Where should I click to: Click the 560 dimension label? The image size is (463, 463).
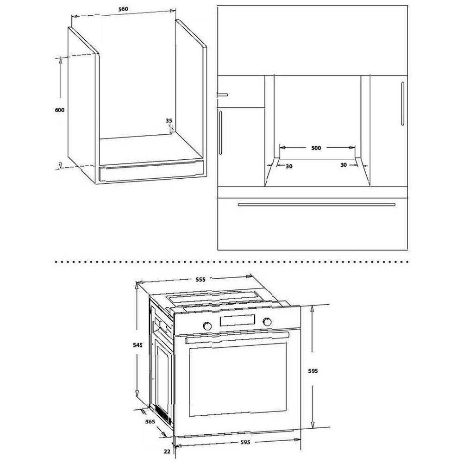tap(123, 9)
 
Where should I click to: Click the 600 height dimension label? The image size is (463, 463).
tap(59, 110)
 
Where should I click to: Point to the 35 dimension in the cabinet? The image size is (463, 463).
tap(169, 120)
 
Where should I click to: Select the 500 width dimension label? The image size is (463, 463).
tap(316, 148)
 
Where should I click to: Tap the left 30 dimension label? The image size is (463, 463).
tap(289, 166)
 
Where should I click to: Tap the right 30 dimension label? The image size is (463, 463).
tap(344, 165)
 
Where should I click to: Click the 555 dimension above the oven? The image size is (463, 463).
tap(200, 279)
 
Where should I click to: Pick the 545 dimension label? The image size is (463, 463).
tap(138, 345)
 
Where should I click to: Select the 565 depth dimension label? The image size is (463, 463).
tap(150, 422)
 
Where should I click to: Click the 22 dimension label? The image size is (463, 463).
tap(167, 451)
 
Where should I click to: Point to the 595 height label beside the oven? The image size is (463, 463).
tap(313, 371)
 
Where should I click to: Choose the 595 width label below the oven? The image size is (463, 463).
tap(245, 442)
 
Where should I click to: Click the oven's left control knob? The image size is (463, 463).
tap(207, 325)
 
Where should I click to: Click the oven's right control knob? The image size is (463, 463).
tap(267, 322)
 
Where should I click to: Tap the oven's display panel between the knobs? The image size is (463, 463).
tap(237, 321)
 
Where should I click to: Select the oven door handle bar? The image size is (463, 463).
tap(237, 337)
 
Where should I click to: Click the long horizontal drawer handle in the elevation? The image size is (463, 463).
tap(317, 204)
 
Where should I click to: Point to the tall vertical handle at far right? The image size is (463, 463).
tap(402, 104)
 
